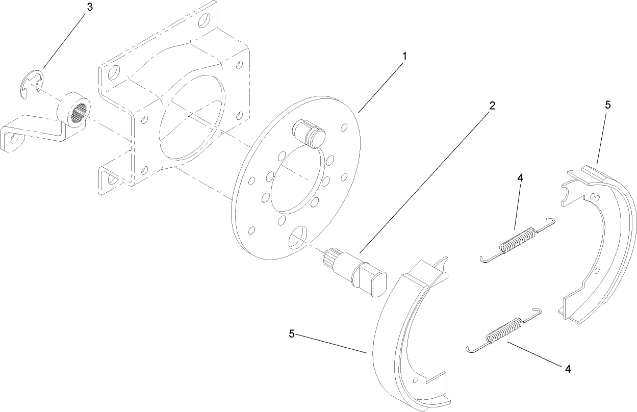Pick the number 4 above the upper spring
pos(520,178)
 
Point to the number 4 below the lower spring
pos(568,369)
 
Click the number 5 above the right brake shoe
pos(607,105)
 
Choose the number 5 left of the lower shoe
pos(291,333)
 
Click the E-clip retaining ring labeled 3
pos(31,84)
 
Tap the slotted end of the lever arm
pos(11,139)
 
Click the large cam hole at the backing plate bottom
pos(298,239)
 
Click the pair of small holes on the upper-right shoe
pos(594,197)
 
